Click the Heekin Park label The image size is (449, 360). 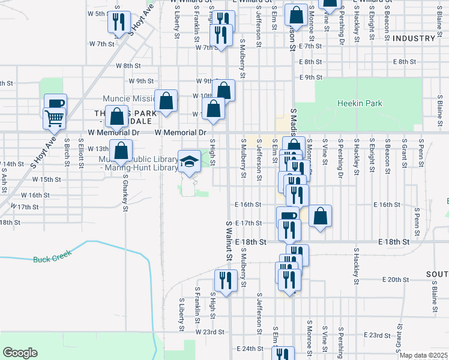coord(360,103)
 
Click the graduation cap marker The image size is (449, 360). coord(190,161)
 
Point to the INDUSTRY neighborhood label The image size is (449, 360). coord(414,38)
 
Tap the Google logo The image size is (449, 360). coord(20,353)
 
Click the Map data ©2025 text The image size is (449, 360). coord(423,355)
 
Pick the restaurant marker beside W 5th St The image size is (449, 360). coord(118,22)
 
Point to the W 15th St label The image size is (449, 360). coord(47,179)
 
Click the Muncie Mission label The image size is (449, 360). coord(129,99)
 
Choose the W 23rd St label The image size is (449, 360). coord(209,331)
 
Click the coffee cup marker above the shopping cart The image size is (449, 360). coord(55,103)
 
